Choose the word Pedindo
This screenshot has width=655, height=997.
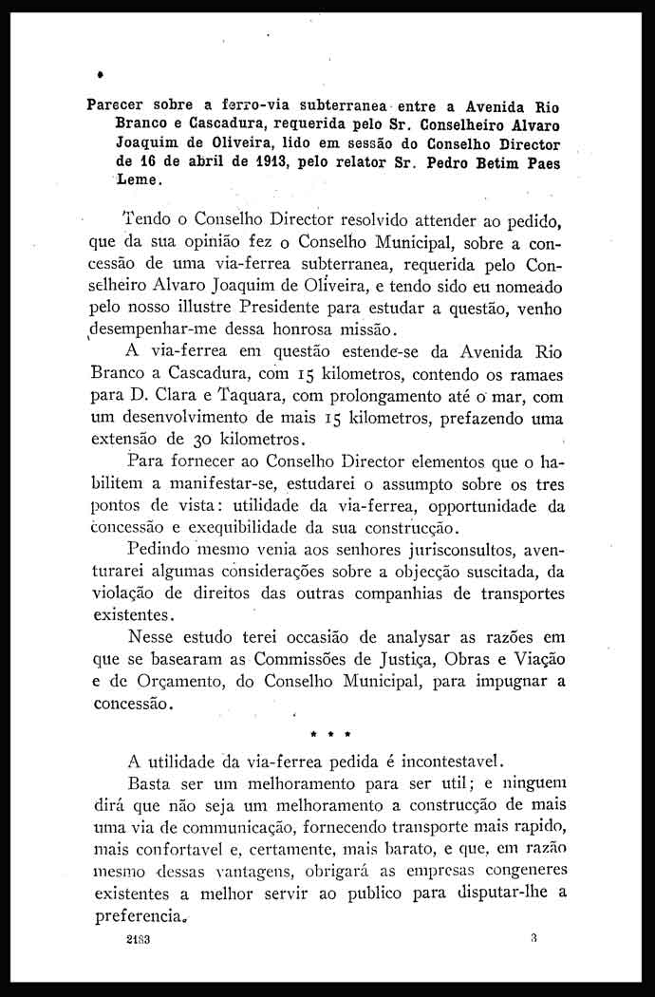tap(159, 551)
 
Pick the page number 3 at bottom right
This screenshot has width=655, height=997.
tap(535, 939)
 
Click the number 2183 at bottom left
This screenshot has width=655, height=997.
tap(140, 941)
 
